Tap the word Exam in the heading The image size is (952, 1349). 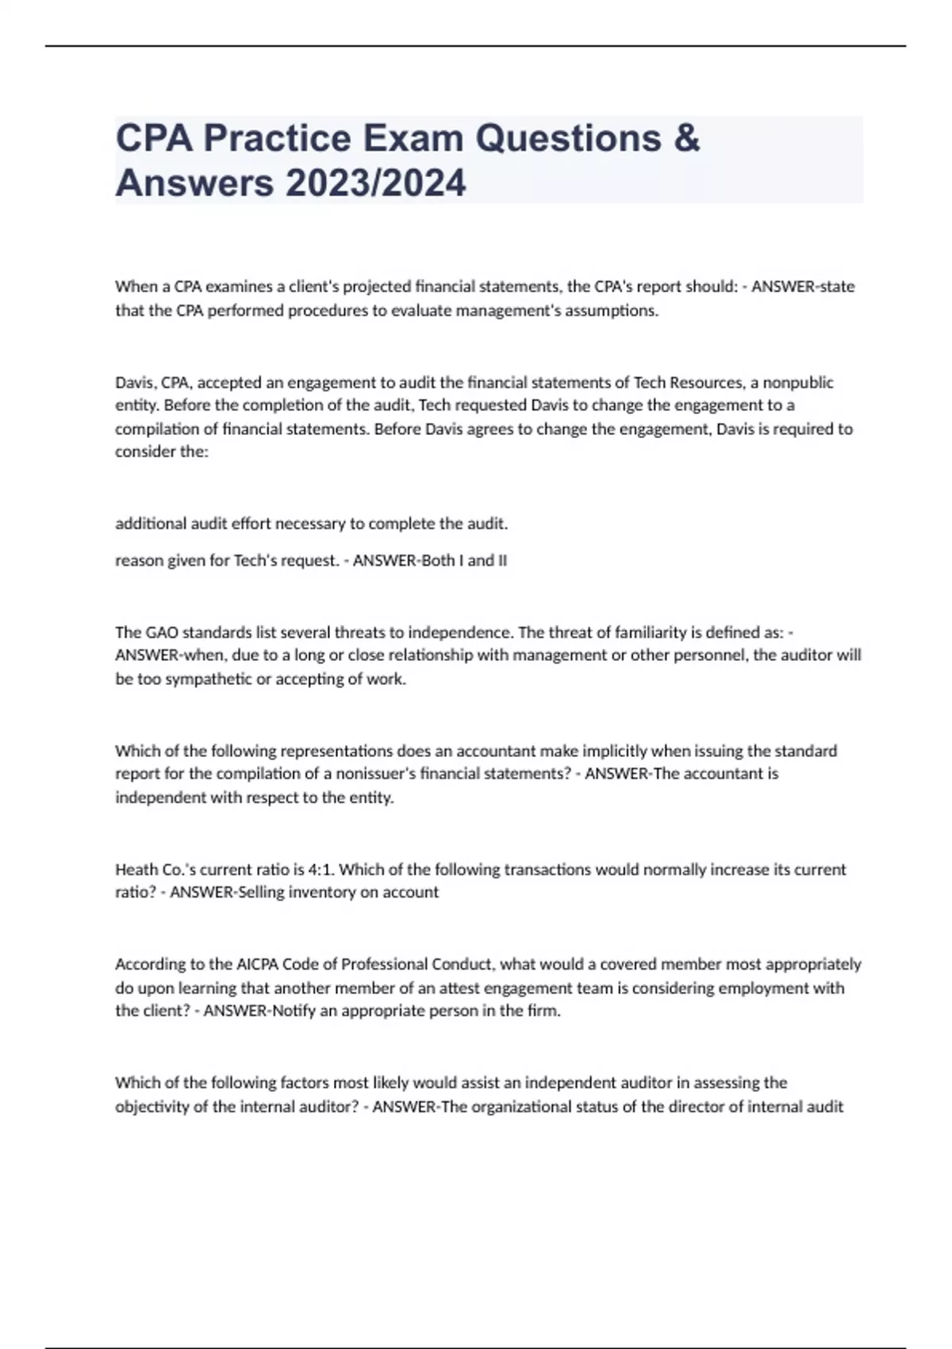pos(413,138)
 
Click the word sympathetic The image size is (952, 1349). pos(202,679)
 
